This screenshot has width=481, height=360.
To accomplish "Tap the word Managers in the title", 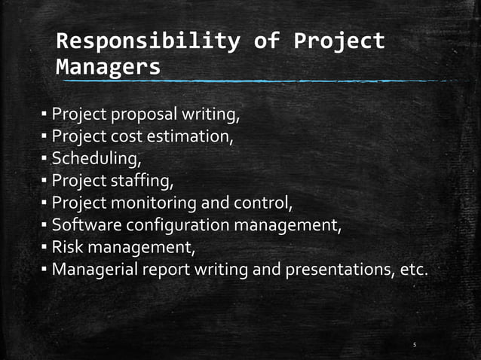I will pyautogui.click(x=108, y=66).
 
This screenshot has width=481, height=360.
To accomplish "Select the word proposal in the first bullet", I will pyautogui.click(x=144, y=115).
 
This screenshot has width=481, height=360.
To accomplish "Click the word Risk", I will pyautogui.click(x=66, y=247).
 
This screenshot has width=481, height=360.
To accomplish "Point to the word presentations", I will pyautogui.click(x=342, y=269).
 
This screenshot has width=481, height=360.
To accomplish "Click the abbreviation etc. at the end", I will pyautogui.click(x=413, y=269).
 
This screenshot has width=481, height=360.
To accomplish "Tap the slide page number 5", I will pyautogui.click(x=415, y=346).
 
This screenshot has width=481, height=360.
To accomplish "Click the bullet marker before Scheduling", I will pyautogui.click(x=44, y=160).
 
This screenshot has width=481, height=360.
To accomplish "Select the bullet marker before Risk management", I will pyautogui.click(x=44, y=247).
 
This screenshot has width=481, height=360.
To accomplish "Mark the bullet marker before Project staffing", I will pyautogui.click(x=44, y=182).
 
